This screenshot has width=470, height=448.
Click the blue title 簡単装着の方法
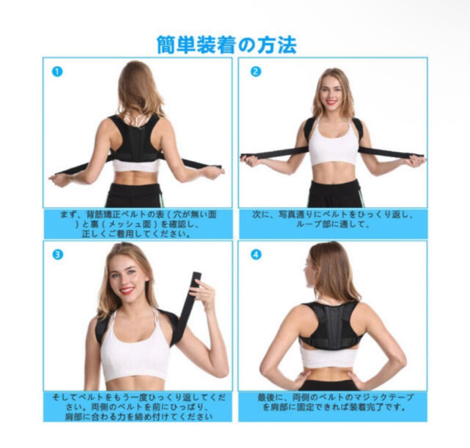click(x=227, y=45)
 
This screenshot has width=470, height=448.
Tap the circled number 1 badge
click(x=57, y=72)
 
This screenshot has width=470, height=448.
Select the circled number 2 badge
click(x=256, y=72)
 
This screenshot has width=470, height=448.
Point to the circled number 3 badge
click(x=57, y=255)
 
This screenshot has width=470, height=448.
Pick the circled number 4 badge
click(x=256, y=255)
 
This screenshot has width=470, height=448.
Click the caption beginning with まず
click(x=138, y=224)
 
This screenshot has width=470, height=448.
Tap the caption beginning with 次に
click(x=333, y=220)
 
